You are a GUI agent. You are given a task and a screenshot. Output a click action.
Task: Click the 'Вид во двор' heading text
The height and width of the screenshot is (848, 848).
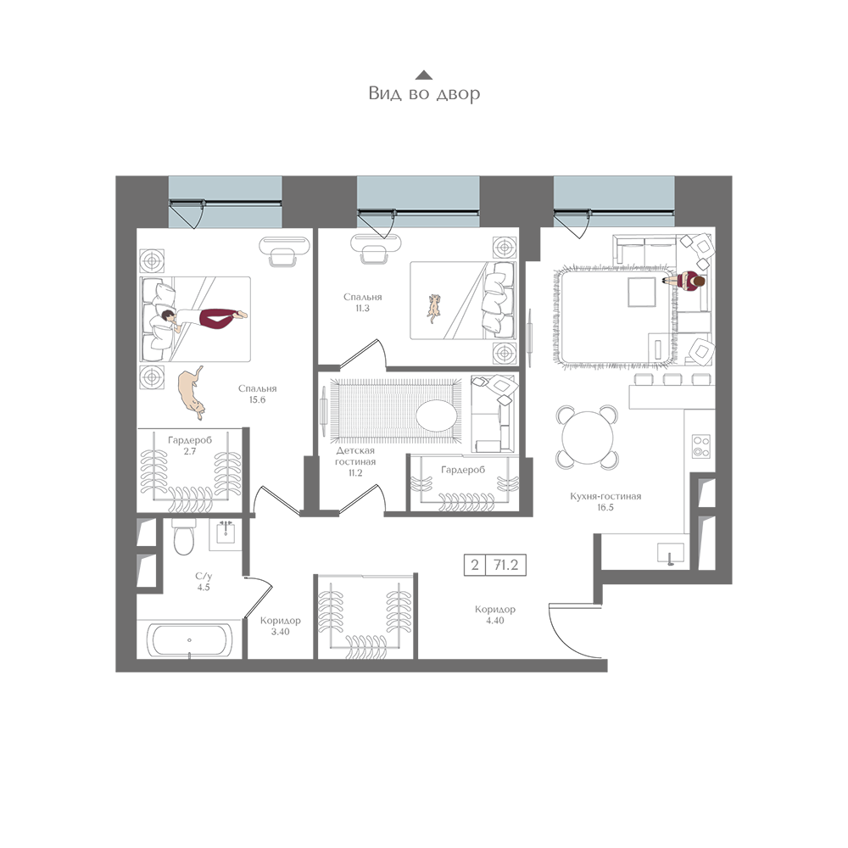coord(424,93)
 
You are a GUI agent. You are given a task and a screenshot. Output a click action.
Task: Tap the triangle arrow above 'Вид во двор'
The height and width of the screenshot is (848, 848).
coord(424,75)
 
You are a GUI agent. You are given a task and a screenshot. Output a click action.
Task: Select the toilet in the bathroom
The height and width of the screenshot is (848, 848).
coord(183,537)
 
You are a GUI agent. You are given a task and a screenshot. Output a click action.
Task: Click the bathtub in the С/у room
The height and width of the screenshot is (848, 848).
coord(189,639)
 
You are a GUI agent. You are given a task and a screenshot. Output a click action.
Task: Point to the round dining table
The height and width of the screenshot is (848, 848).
coord(588,437)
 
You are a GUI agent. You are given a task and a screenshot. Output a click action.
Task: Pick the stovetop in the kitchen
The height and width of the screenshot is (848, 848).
coord(701,446)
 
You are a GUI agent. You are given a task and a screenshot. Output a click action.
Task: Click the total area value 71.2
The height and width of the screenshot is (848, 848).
coord(505,565)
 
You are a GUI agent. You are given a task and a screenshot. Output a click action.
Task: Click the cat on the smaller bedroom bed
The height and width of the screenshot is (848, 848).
coord(433,308)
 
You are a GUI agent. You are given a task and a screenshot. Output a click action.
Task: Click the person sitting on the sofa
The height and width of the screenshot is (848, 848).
coord(685,282)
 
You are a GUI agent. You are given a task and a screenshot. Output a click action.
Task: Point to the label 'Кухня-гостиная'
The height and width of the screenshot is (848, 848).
coord(605,496)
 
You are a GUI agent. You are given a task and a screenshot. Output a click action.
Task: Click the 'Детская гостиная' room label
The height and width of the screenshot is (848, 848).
coord(355,456)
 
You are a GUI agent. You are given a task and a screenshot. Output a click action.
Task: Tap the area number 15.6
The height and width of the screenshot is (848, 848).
coord(257,400)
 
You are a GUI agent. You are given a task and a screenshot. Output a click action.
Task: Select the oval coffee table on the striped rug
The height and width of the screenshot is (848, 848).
coord(437,416)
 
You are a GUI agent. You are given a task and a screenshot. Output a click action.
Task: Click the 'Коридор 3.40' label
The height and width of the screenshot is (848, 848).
coord(280,626)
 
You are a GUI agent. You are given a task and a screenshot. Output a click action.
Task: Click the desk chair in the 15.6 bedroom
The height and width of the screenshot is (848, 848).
coord(283,256)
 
